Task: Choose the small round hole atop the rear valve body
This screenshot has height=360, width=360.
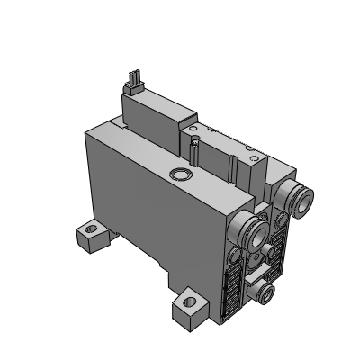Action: pos(193,143)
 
